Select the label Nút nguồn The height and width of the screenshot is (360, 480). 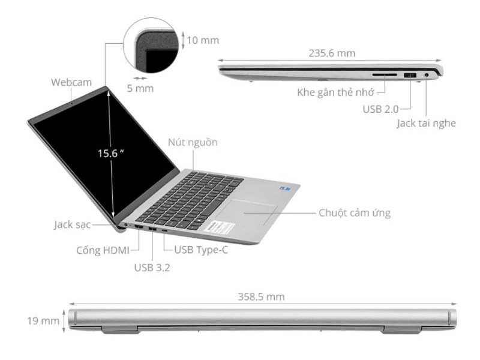(193, 143)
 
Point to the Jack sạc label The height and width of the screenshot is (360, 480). (71, 226)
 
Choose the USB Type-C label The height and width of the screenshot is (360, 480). (201, 249)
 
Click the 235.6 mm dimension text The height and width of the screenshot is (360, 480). (332, 53)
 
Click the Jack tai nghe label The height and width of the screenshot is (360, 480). (426, 124)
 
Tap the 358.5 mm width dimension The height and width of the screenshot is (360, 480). (262, 296)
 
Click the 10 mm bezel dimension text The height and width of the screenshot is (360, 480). (202, 41)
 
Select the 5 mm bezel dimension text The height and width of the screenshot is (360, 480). (140, 88)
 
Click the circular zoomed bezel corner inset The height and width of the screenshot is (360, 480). (152, 46)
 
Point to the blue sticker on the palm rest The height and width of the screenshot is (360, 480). (284, 187)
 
